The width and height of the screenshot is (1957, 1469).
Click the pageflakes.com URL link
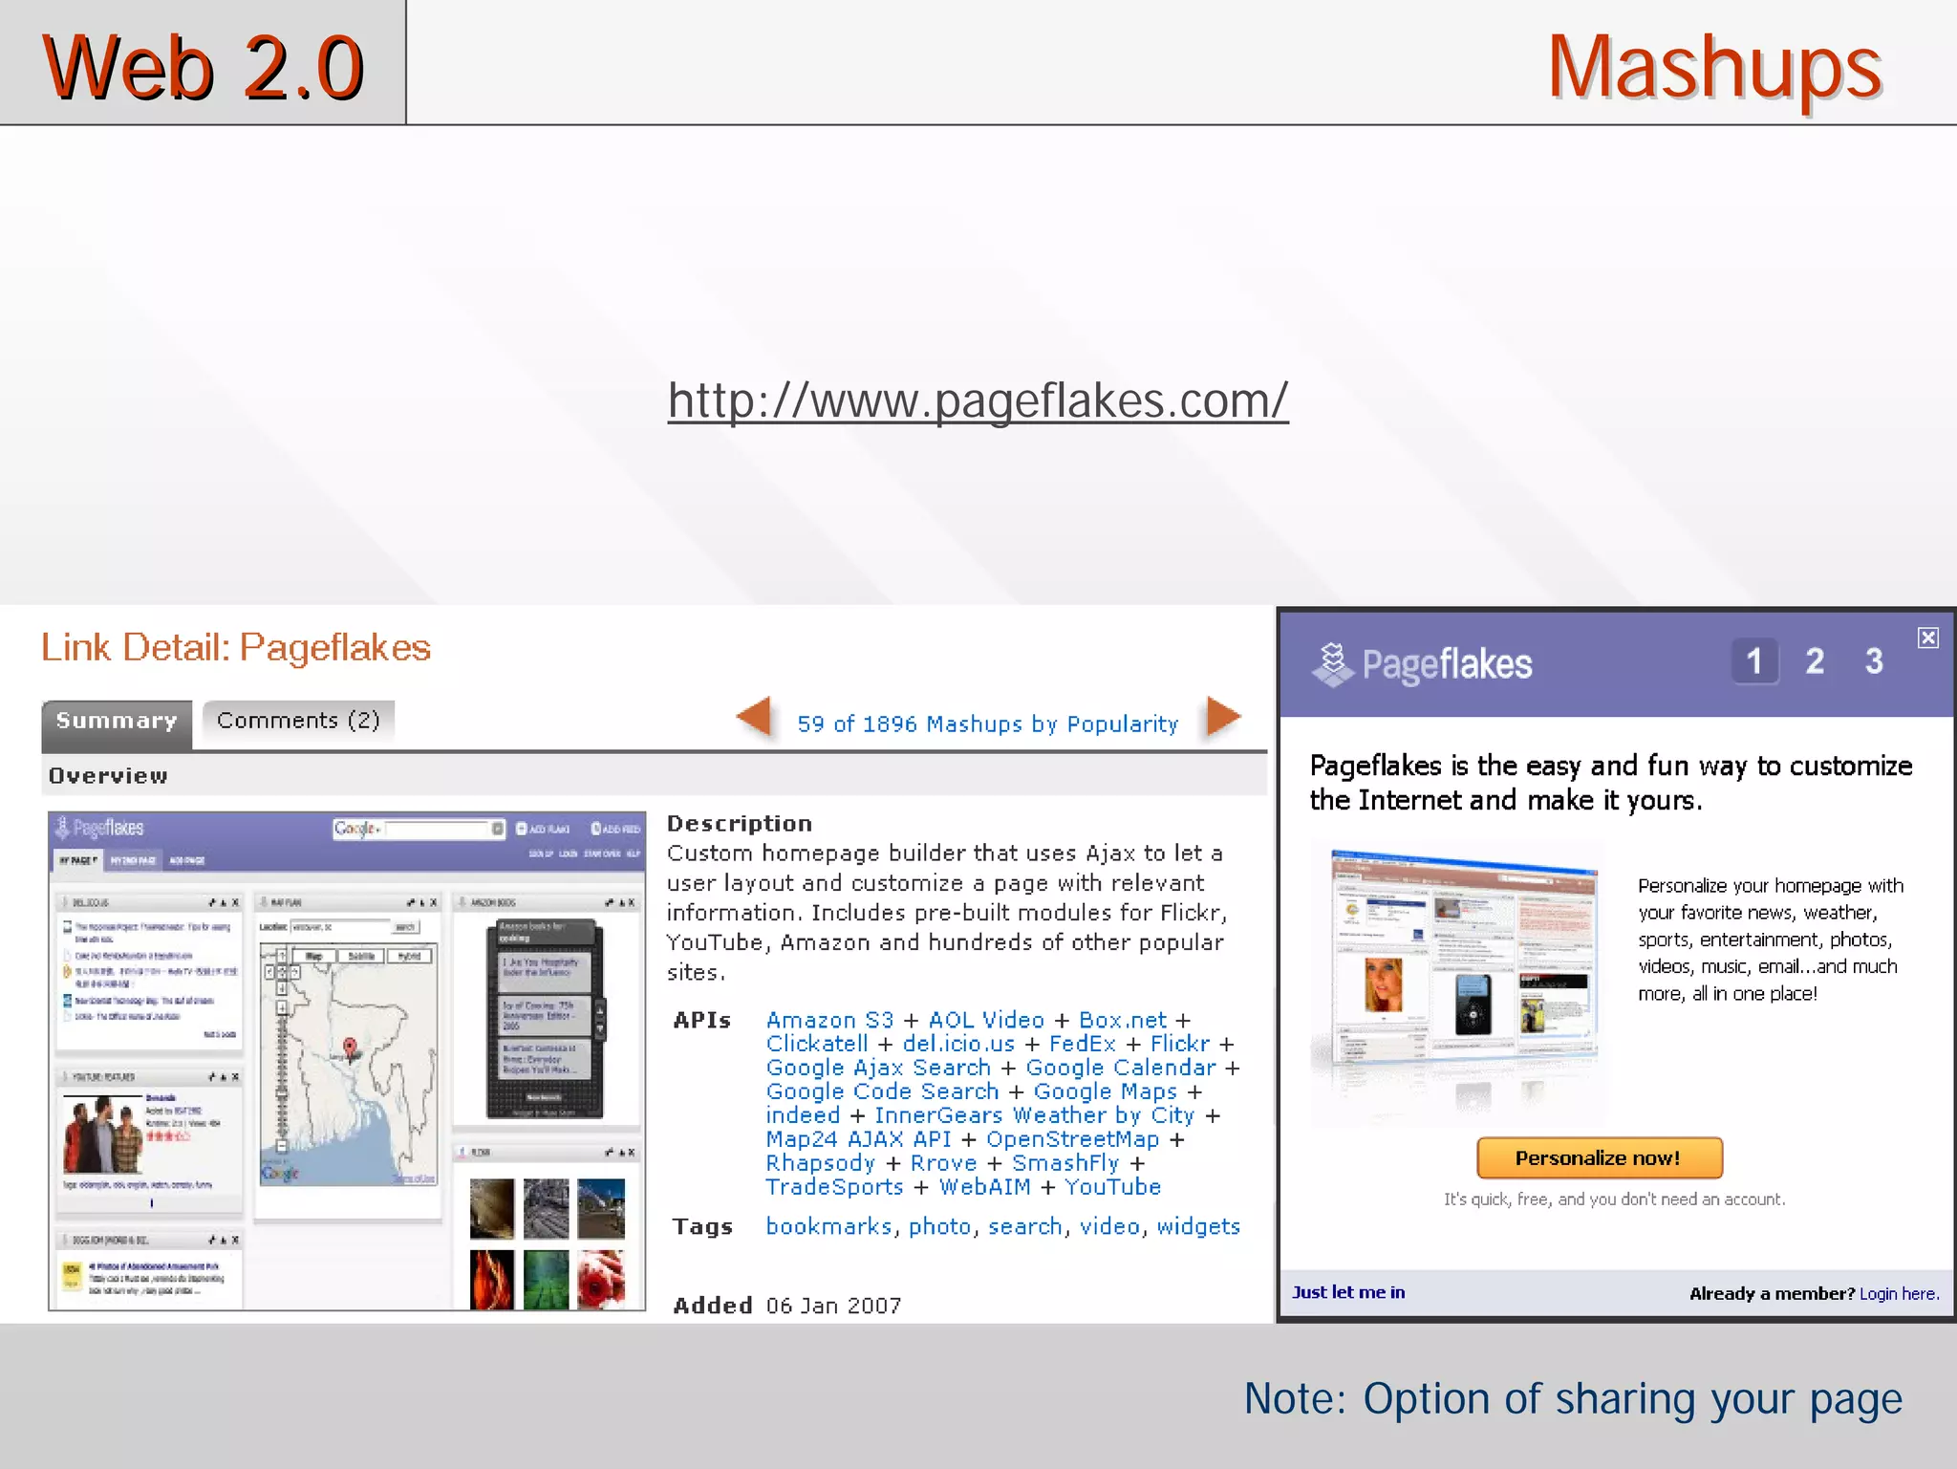click(978, 400)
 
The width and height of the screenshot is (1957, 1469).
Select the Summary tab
click(117, 722)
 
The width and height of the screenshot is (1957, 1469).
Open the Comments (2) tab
click(298, 720)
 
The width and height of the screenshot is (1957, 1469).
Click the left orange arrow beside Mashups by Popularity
click(755, 717)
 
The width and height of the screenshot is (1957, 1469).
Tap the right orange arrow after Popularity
click(1222, 717)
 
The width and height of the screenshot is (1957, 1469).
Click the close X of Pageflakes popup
click(1927, 637)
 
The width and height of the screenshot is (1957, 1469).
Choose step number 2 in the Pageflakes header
click(1814, 661)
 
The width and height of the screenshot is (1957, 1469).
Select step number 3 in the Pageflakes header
click(1873, 661)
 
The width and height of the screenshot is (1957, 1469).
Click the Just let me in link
click(1347, 1292)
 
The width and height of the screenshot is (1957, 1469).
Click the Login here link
click(1898, 1293)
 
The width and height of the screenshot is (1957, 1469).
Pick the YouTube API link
click(1112, 1187)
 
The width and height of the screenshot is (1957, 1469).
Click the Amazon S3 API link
click(829, 1021)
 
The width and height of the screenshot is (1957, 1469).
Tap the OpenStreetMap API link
click(1072, 1139)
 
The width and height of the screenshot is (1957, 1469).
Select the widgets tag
click(1198, 1226)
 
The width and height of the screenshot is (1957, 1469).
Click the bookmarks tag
click(828, 1226)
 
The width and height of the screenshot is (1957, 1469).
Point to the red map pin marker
click(350, 1048)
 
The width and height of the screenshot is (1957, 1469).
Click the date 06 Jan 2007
click(833, 1306)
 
